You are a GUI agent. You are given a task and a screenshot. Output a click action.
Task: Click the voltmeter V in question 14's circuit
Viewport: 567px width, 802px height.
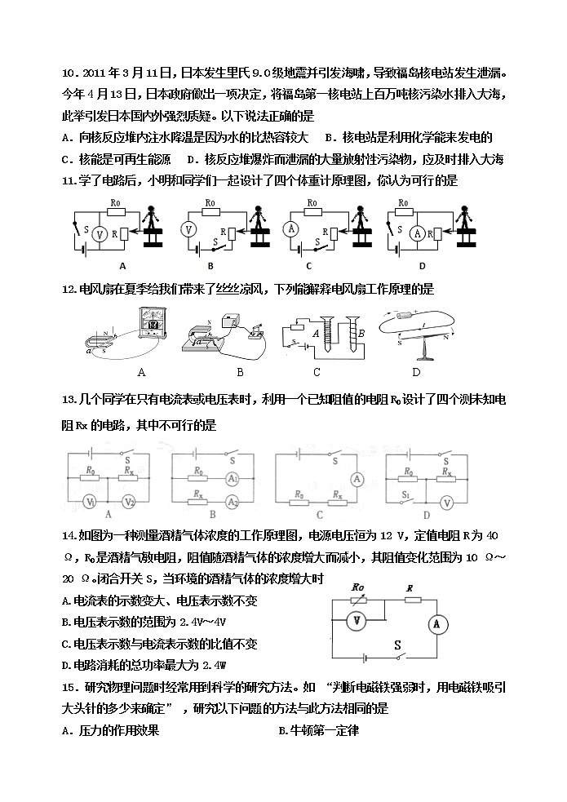click(357, 621)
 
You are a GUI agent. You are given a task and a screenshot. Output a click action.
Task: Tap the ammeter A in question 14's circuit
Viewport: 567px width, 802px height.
click(436, 624)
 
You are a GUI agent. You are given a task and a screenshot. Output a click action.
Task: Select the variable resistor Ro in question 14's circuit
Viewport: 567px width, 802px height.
click(358, 600)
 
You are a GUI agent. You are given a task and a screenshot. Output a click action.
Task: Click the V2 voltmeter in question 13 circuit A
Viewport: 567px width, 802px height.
click(129, 503)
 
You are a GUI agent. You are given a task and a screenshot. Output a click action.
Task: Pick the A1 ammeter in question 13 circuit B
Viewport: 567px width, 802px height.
click(233, 479)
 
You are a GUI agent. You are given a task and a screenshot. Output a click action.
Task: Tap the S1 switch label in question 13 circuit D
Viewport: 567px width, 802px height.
click(405, 494)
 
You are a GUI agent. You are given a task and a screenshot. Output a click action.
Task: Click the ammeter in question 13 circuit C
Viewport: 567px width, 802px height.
click(357, 479)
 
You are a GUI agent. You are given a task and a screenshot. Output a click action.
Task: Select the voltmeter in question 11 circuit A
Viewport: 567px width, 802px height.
click(100, 234)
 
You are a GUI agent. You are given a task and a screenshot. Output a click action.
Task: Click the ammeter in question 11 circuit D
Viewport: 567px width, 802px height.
click(417, 233)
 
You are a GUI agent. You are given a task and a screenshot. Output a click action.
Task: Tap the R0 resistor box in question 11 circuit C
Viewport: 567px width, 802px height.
click(312, 211)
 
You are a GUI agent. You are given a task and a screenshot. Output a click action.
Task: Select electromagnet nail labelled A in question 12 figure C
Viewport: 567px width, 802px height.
click(326, 335)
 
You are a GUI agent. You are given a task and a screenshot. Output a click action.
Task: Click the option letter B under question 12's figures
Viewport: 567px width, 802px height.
click(240, 372)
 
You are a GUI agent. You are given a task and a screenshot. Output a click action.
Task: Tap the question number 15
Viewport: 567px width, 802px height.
click(69, 688)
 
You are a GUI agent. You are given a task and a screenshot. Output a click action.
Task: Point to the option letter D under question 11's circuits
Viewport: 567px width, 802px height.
click(422, 266)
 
